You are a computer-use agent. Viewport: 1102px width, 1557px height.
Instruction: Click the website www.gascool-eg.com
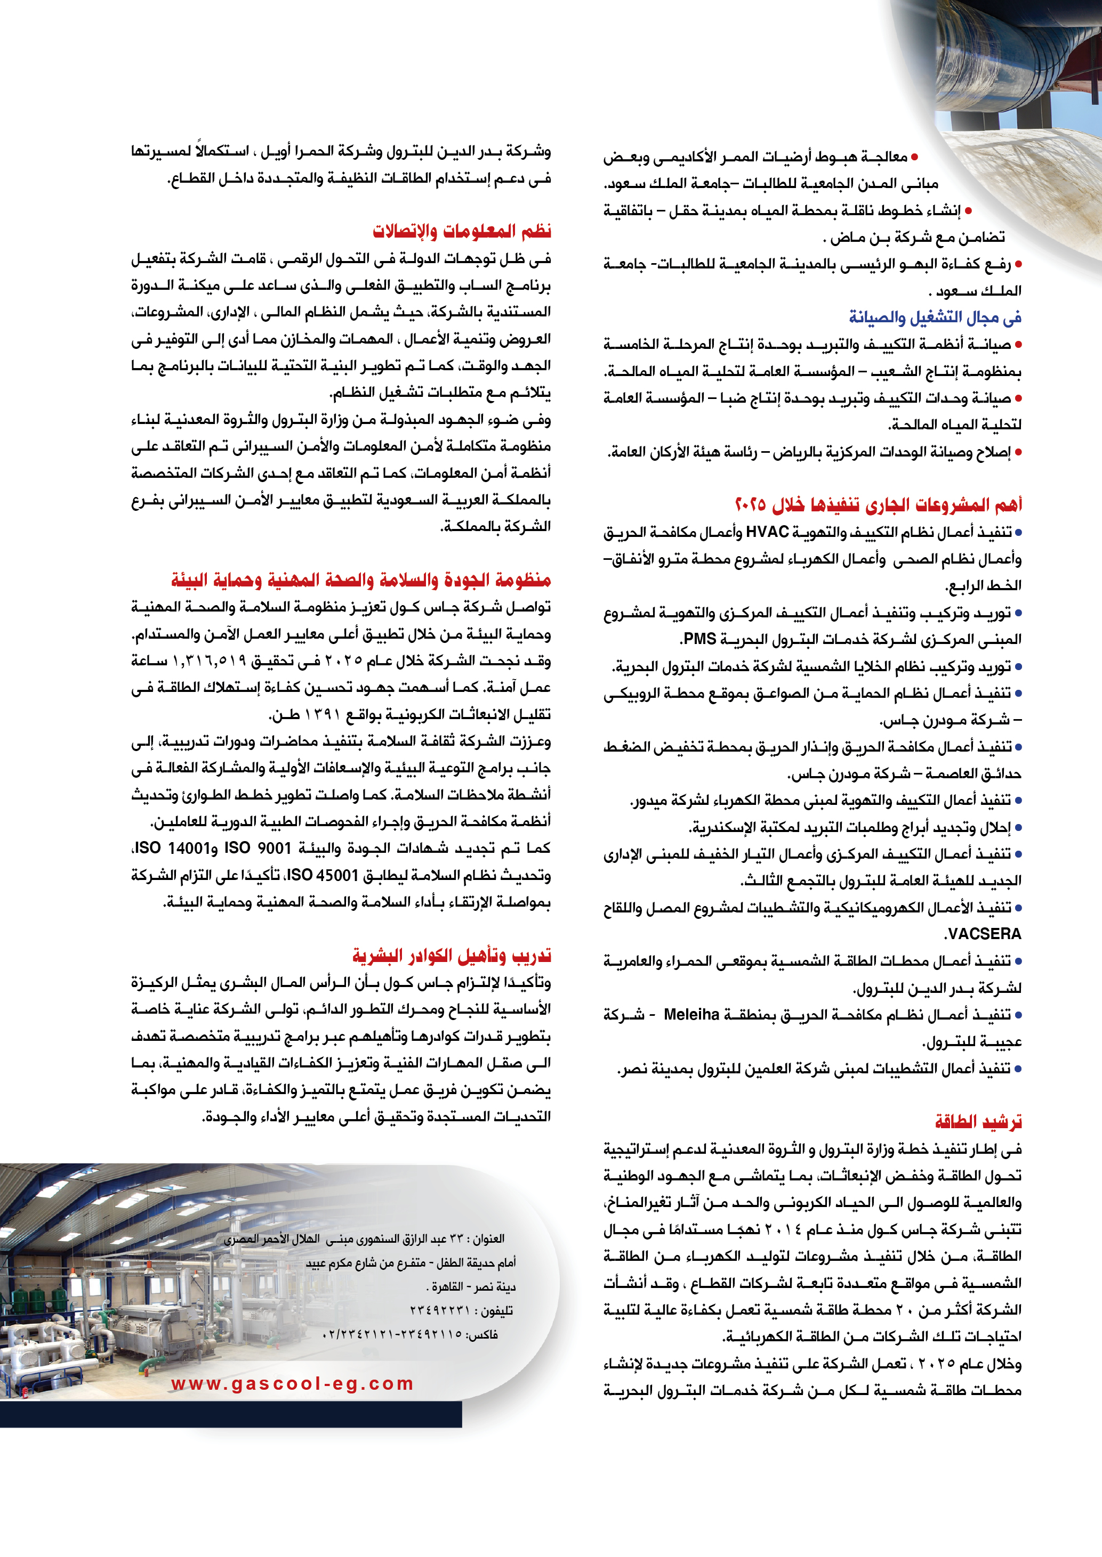tap(292, 1383)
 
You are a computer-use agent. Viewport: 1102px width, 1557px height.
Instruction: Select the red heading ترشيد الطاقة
tap(978, 1122)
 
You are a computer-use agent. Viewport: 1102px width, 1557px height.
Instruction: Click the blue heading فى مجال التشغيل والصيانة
tap(935, 317)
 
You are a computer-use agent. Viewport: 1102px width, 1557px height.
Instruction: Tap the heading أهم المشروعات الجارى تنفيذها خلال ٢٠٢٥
tap(878, 504)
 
